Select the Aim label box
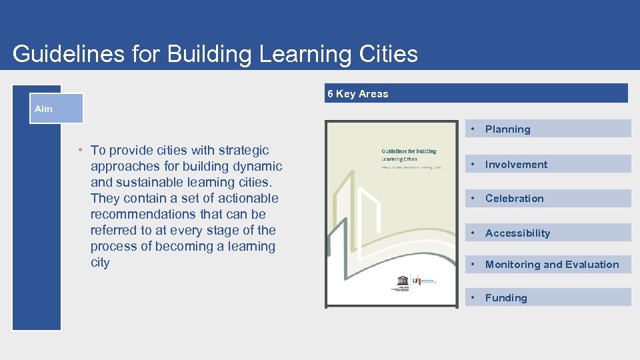click(x=58, y=109)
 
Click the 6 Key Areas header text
click(x=357, y=94)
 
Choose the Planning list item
click(x=507, y=129)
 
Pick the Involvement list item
click(x=516, y=165)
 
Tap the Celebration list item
click(x=514, y=199)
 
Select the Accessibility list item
click(x=517, y=233)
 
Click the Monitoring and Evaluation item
click(x=552, y=265)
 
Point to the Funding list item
click(x=506, y=298)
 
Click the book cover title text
click(x=409, y=155)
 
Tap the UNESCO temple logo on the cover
click(x=402, y=279)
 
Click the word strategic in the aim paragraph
click(x=243, y=150)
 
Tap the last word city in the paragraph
click(x=100, y=263)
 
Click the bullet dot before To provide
click(x=79, y=150)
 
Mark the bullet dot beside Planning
click(x=473, y=129)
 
